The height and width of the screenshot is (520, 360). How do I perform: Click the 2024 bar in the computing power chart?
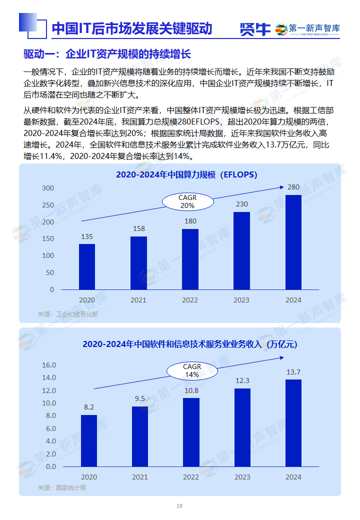293,242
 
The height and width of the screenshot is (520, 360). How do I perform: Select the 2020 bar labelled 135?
87,266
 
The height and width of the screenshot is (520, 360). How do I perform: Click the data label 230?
242,204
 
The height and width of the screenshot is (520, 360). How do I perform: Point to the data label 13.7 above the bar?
293,372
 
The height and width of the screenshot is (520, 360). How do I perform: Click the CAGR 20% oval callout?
187,202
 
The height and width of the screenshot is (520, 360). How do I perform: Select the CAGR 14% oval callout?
192,370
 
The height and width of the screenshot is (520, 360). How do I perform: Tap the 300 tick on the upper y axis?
48,188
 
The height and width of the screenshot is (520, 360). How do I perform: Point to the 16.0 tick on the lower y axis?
49,365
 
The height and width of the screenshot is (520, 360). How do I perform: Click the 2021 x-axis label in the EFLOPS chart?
138,300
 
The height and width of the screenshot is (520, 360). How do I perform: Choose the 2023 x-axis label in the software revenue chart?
242,477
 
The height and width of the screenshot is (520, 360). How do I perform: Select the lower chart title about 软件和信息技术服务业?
189,344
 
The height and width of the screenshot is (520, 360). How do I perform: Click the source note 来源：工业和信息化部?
68,314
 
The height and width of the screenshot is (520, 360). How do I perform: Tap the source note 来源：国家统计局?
62,487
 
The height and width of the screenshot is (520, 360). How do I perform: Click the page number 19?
179,506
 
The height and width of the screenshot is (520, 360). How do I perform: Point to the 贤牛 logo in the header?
255,29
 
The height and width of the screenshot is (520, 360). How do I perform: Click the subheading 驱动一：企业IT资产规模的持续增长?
107,54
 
